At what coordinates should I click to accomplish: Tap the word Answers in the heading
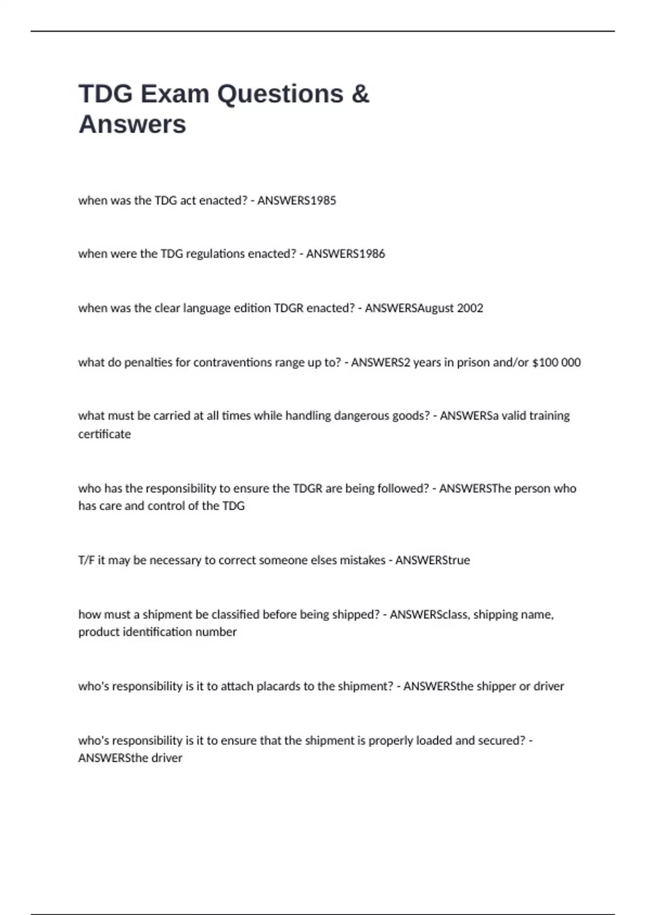point(132,124)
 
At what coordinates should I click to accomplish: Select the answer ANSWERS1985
point(297,201)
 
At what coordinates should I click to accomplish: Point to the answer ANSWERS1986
point(346,254)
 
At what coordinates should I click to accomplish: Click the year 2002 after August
point(470,308)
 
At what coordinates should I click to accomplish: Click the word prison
point(473,363)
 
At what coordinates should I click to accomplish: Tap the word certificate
point(104,434)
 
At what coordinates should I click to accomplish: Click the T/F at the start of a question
point(86,560)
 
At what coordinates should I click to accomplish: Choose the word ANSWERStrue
point(433,560)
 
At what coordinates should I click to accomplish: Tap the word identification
point(157,632)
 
